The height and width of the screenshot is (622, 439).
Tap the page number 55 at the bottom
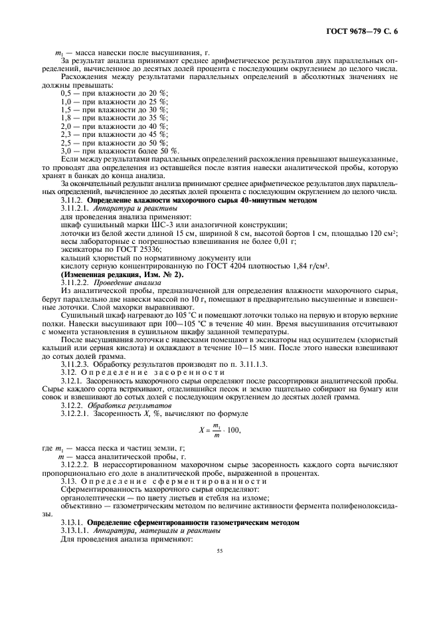[x=219, y=551]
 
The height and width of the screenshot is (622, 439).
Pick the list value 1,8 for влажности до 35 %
[x=67, y=117]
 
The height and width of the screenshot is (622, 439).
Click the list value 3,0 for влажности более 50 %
[x=67, y=152]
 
